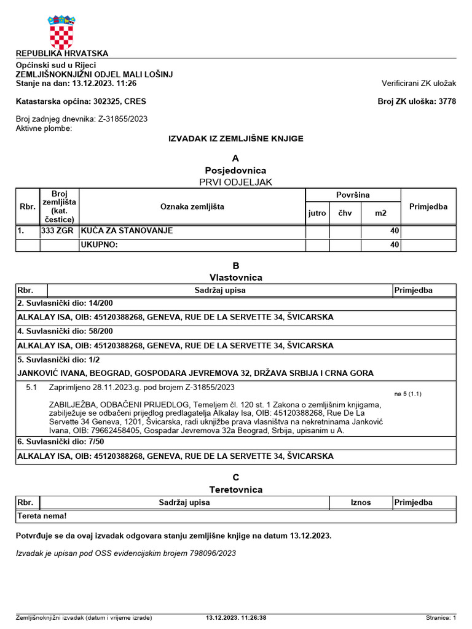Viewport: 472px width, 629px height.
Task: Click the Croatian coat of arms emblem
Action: tap(61, 31)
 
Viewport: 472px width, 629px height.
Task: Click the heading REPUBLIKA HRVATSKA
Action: tap(61, 53)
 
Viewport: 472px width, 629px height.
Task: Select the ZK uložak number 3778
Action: tap(447, 101)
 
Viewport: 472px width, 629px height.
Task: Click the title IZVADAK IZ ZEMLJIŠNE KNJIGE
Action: tap(236, 139)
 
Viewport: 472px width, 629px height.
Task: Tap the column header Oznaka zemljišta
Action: tap(192, 207)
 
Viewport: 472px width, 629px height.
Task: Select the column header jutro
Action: tap(317, 213)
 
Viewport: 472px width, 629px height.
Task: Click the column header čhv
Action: tap(345, 213)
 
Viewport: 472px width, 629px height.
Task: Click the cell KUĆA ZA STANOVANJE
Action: tap(127, 231)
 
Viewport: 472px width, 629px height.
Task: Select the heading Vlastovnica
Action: tap(236, 278)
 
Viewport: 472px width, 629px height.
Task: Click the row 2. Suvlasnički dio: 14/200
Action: tap(65, 303)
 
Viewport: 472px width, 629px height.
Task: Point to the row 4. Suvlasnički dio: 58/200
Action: tap(65, 332)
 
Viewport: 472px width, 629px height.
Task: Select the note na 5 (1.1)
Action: tap(407, 393)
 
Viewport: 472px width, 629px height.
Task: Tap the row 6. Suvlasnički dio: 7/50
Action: tap(61, 442)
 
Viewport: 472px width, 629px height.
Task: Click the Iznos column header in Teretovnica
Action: tap(361, 502)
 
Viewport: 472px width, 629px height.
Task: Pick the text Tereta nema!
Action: tap(42, 517)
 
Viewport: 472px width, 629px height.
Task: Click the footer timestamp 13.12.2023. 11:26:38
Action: tap(236, 618)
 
